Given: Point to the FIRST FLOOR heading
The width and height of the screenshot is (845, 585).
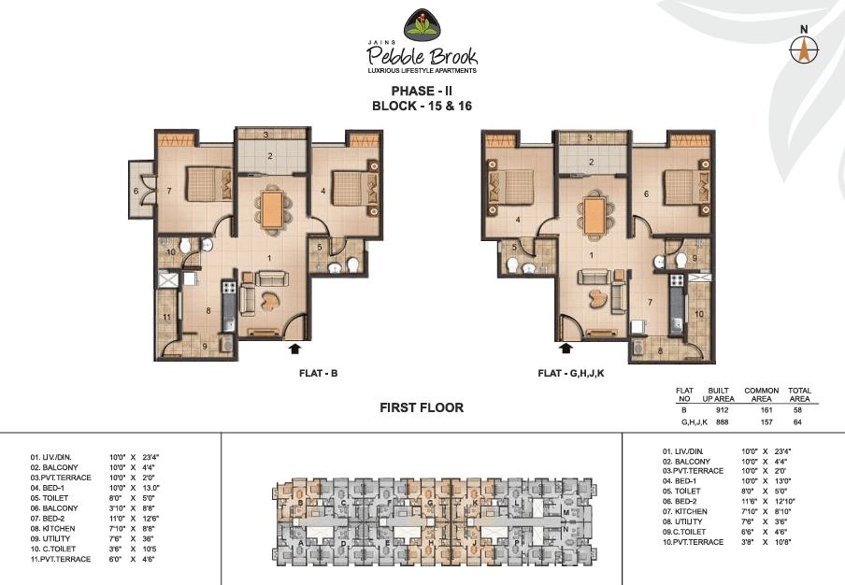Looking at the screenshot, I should coord(422,407).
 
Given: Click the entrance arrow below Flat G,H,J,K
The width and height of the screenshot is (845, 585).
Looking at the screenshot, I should coord(566,349).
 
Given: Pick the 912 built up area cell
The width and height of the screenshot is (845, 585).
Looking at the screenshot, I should coord(722,410).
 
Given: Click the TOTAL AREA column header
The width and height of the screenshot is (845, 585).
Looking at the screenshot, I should coord(800,393).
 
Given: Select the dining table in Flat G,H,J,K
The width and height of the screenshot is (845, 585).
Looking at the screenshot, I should coord(593,208).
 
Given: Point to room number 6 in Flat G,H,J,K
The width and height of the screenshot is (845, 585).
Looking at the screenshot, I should coord(646,193).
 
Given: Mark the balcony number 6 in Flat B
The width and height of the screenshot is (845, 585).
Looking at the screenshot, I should coord(136,191).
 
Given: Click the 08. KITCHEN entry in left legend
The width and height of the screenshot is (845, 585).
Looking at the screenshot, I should coord(53,528).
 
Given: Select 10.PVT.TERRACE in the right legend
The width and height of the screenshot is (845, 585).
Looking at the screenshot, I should coord(693,542).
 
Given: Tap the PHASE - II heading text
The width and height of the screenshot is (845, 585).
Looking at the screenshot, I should coord(422,91).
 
